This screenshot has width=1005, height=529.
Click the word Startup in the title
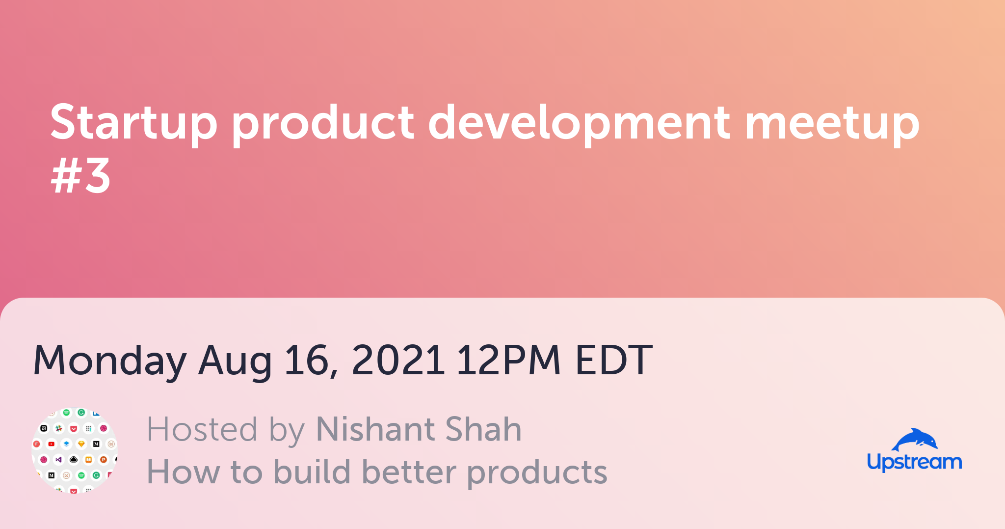133,123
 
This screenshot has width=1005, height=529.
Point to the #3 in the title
80,175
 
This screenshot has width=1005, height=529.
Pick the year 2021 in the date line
398,360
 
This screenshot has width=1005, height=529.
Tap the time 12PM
508,360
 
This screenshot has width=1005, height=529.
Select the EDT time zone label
614,360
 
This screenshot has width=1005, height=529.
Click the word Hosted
202,429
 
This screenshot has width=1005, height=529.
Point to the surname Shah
483,429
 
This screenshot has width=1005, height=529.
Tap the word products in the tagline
537,473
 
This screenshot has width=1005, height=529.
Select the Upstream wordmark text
914,462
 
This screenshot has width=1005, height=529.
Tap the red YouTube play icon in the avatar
52,444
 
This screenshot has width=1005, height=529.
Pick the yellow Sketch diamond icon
81,444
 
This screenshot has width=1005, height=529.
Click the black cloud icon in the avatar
74,460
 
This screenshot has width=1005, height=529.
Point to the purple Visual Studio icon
59,460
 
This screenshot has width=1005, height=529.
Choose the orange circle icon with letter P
104,460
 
